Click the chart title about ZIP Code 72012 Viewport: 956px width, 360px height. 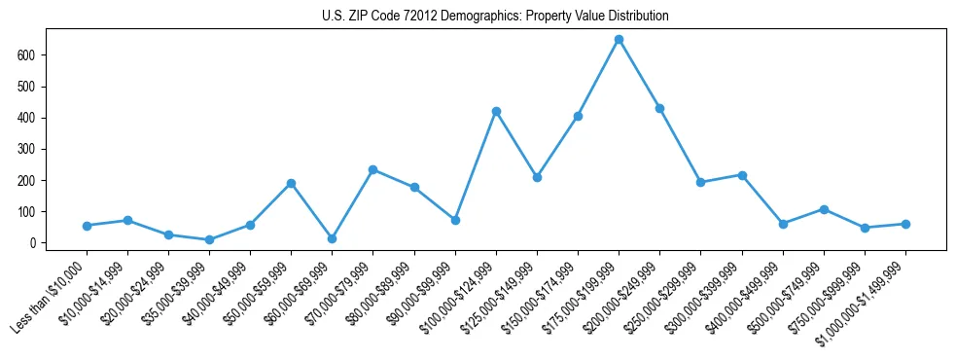[x=495, y=17]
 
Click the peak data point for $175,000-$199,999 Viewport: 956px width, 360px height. [x=619, y=40]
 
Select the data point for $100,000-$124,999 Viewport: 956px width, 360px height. [x=496, y=112]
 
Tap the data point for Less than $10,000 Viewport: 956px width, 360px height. [x=87, y=226]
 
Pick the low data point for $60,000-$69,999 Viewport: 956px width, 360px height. [x=332, y=238]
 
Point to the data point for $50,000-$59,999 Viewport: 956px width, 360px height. [x=291, y=183]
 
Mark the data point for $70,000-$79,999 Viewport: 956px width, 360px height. [x=372, y=169]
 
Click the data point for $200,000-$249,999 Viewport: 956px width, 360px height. [x=659, y=108]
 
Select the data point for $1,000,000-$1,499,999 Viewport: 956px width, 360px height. [x=905, y=224]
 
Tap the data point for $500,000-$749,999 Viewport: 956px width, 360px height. [x=824, y=209]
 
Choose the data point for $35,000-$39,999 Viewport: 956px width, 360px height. [x=209, y=239]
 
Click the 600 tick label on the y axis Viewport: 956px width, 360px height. [x=27, y=55]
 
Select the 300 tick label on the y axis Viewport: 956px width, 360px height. [x=27, y=149]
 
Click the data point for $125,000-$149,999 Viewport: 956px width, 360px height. [x=537, y=177]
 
